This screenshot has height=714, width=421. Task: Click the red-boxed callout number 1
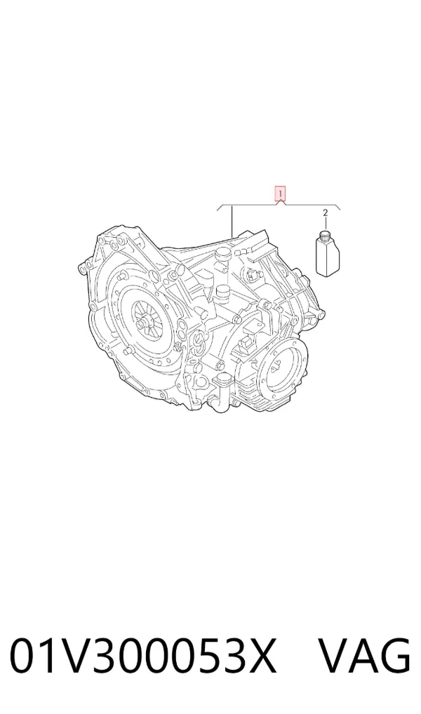280,194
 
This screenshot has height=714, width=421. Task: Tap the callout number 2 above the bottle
326,213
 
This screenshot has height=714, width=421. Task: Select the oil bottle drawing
327,253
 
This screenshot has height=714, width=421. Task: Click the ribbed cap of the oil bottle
326,235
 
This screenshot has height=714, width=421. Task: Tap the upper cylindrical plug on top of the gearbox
223,255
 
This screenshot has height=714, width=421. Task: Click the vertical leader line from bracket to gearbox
233,221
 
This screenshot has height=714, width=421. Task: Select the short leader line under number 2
326,224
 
